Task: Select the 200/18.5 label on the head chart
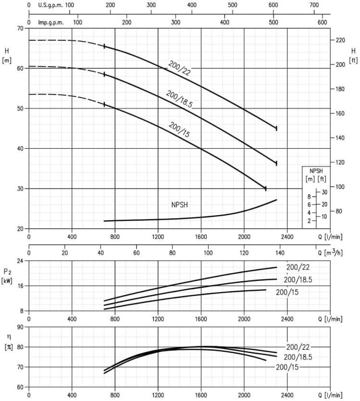tap(179, 99)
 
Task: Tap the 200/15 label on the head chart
tap(179, 130)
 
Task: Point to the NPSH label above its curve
tap(180, 205)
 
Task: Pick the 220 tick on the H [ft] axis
tap(340, 41)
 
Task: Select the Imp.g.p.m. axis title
tap(51, 22)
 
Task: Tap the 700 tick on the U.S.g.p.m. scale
tap(315, 5)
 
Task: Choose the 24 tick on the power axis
tap(21, 261)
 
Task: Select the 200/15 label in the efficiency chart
tap(287, 367)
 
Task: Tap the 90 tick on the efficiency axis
tap(21, 327)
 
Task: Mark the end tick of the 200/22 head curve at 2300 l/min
tap(277, 128)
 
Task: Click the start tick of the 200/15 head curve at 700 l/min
tap(104, 104)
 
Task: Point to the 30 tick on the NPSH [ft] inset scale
tap(324, 192)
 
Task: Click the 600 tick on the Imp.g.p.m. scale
tap(323, 22)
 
